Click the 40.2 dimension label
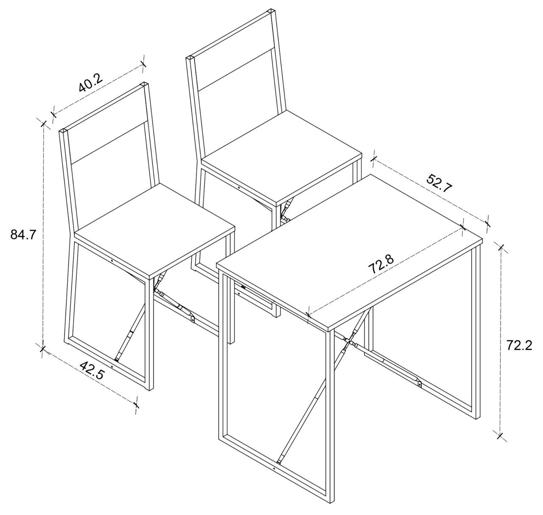[91, 83]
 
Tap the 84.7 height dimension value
[23, 235]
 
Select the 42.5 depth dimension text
[92, 370]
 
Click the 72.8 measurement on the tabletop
[381, 264]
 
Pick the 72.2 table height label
[519, 345]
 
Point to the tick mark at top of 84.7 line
[43, 124]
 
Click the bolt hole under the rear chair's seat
[238, 187]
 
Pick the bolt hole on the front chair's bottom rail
[112, 367]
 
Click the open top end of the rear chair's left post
[190, 58]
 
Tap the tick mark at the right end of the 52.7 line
[487, 223]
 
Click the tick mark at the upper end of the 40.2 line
[143, 64]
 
